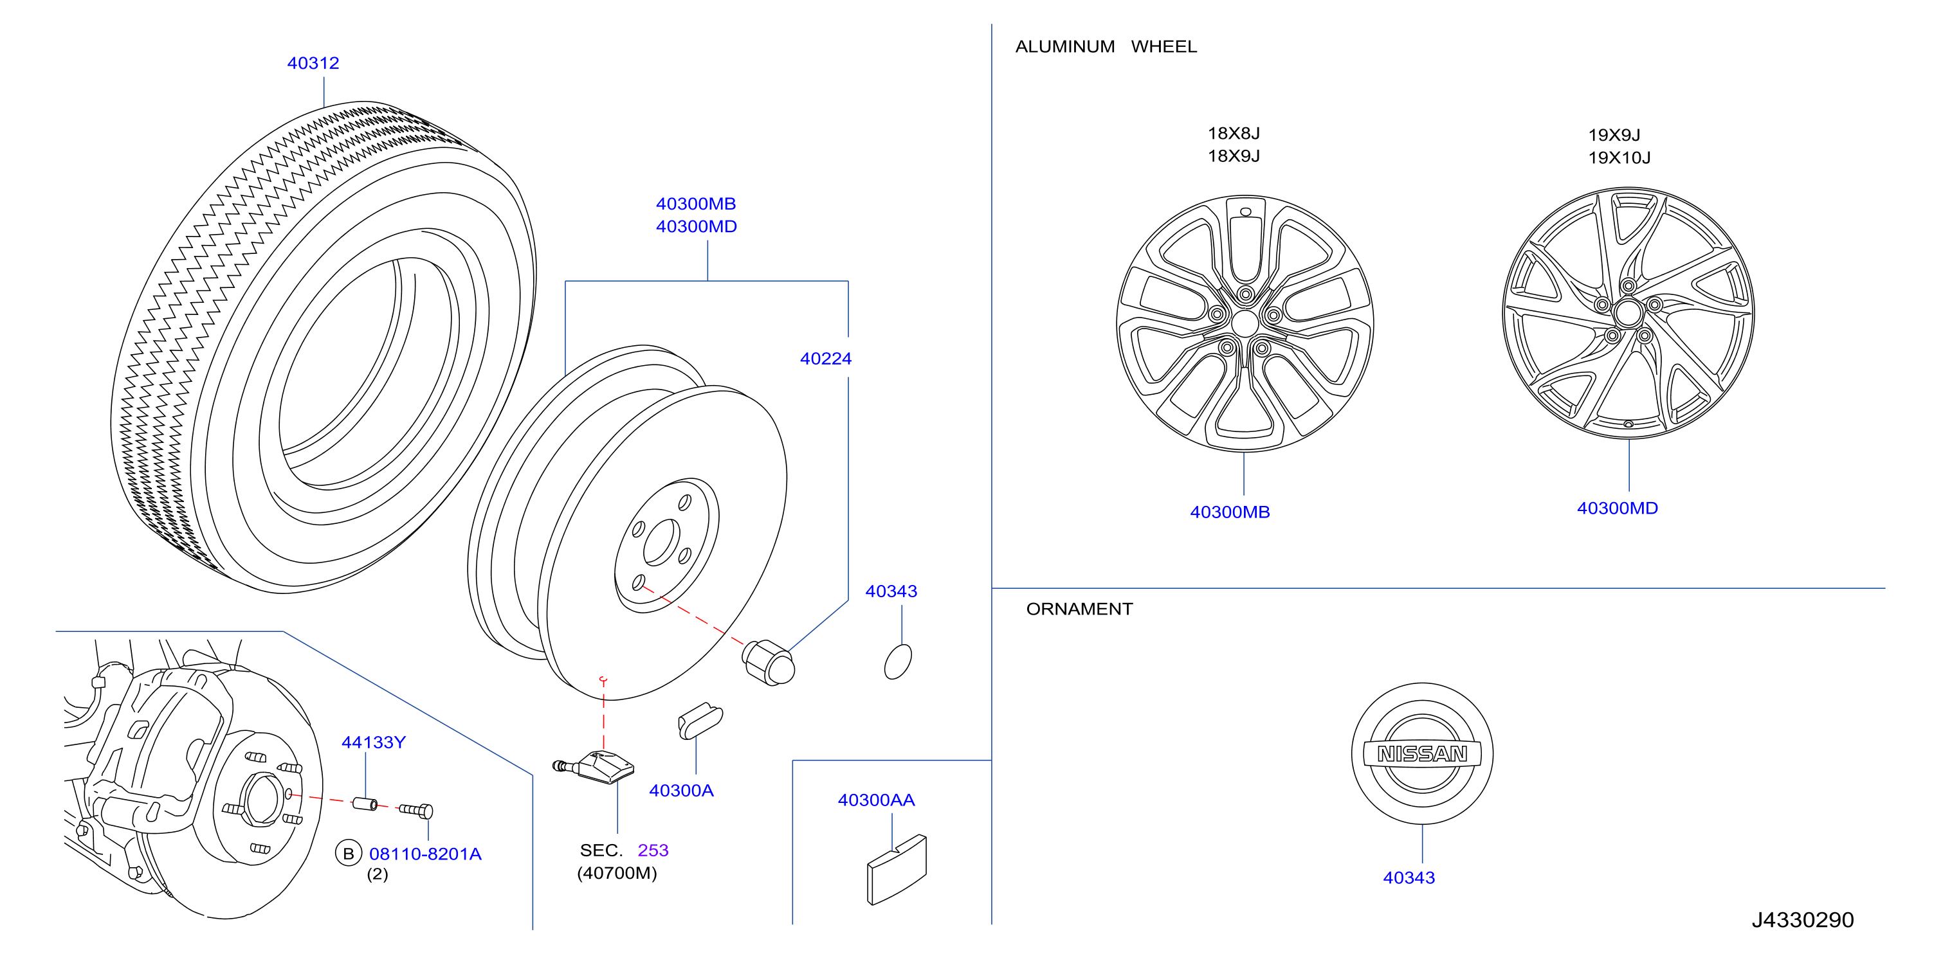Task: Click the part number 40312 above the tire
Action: click(x=313, y=63)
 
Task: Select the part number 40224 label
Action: click(x=826, y=359)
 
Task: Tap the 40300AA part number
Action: click(x=876, y=800)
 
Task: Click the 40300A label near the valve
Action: click(x=681, y=790)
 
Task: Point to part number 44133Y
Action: click(x=373, y=742)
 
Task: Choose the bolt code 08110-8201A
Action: click(x=425, y=854)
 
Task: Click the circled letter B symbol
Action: click(x=349, y=854)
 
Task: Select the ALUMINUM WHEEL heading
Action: click(x=1106, y=46)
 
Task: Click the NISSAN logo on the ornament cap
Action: click(x=1422, y=753)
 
